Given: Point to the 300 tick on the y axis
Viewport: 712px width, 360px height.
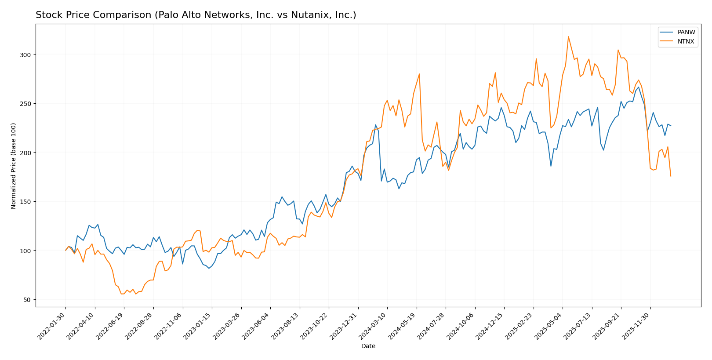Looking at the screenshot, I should [26, 55].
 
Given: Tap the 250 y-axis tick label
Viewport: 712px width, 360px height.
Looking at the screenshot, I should [26, 104].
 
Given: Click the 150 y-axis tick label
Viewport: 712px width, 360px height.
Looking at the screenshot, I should [26, 202].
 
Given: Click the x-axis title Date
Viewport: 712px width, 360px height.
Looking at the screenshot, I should [368, 346].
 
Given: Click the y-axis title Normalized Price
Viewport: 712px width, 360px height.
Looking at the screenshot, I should [14, 166].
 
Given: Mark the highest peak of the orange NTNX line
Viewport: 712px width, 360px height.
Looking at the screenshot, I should [568, 36].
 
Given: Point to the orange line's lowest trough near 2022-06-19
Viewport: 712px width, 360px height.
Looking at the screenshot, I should [122, 294].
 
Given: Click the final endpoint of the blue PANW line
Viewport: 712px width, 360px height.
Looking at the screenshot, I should [671, 126].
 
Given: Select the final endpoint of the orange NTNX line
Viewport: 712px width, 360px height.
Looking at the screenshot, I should [671, 176].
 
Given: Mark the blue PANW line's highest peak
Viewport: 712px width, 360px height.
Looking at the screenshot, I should [639, 87].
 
